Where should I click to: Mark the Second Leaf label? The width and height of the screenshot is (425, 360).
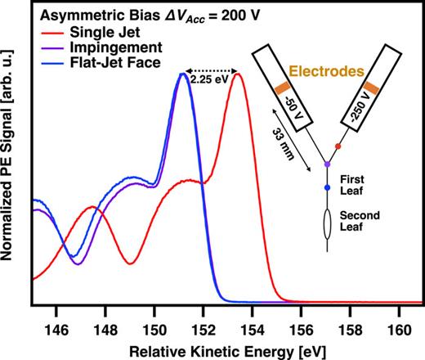pos(357,222)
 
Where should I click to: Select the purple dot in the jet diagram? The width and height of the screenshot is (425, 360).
pos(328,164)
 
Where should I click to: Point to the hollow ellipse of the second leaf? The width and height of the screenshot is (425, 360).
pos(328,225)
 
